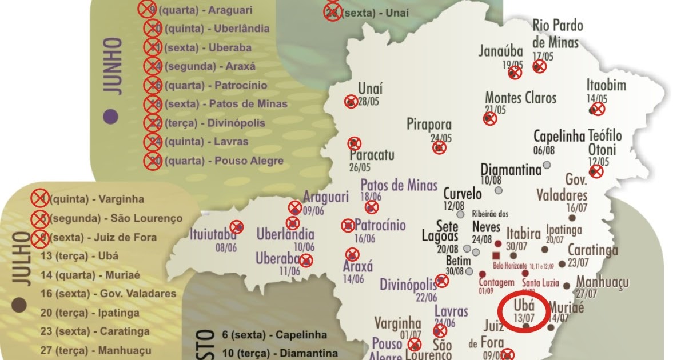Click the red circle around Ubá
tap(524, 312)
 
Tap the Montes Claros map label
tap(520, 98)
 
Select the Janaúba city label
tap(501, 52)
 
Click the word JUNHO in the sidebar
tap(112, 65)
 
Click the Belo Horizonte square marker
tap(496, 255)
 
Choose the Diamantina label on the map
tap(511, 170)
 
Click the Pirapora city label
tap(429, 125)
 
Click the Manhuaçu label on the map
tap(602, 282)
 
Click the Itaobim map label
tap(606, 86)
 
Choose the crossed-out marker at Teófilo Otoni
tap(596, 171)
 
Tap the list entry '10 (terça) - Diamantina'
tap(280, 353)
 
